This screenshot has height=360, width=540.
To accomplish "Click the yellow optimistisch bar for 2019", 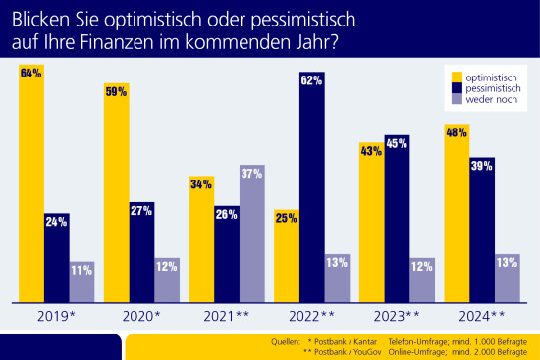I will [30, 186].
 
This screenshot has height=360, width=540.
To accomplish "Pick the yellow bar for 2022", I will [287, 254].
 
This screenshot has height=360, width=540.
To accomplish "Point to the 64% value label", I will [30, 73].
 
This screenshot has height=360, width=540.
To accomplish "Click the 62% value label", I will [312, 81].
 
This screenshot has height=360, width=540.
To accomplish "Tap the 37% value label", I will [252, 173].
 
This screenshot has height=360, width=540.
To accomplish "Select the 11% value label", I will [81, 269].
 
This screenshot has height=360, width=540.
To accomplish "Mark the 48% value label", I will [457, 131].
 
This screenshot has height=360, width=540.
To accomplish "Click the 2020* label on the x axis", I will [141, 316].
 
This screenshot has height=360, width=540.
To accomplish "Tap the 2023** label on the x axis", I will [398, 316].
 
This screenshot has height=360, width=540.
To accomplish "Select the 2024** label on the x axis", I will [482, 316].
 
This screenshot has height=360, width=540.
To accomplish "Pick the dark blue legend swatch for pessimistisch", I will [456, 88].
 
